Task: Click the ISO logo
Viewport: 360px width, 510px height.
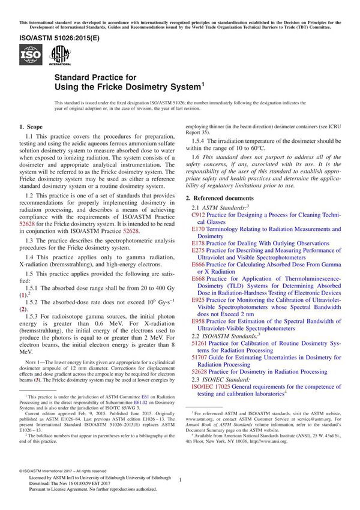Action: pos(30,56)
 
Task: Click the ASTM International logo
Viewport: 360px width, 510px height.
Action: pos(60,56)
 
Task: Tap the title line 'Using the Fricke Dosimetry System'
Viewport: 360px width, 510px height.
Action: pos(130,87)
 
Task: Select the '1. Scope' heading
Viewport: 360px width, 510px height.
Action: pos(31,127)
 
